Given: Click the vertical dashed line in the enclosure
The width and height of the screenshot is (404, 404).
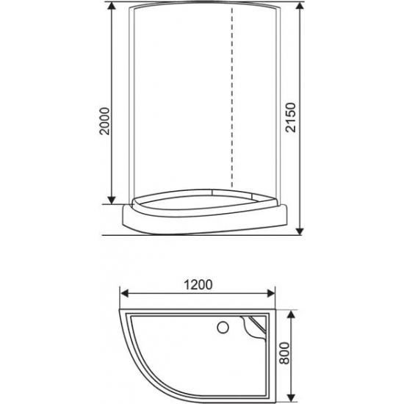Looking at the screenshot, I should pos(233,103).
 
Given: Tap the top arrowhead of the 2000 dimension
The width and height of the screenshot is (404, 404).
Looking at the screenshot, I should pos(111,10).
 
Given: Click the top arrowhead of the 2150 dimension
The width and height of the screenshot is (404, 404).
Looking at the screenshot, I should pos(300,10).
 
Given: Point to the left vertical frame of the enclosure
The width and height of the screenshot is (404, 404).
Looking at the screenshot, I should pos(131,103).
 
